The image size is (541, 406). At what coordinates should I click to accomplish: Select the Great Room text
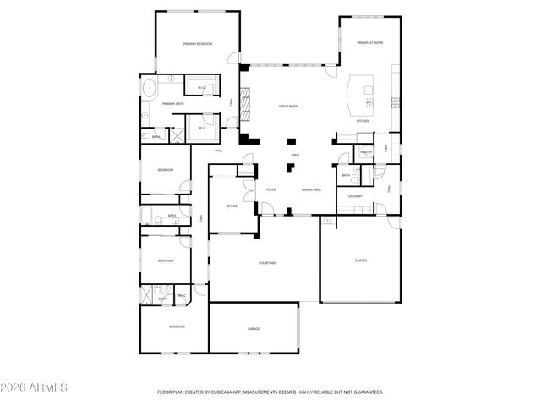[289, 107]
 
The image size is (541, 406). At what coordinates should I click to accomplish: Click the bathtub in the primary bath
[150, 88]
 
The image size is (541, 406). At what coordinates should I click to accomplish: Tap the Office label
[232, 206]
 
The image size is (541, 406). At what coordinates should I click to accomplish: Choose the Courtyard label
[266, 263]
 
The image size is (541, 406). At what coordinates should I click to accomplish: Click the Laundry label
[355, 197]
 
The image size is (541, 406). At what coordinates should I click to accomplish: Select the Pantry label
[365, 152]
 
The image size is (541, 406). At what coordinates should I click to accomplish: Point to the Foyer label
[271, 189]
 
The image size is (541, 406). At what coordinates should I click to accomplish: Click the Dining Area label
[310, 189]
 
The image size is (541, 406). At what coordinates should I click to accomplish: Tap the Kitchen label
[363, 122]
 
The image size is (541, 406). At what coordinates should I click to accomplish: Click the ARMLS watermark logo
[35, 387]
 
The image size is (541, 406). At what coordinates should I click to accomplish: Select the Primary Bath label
[172, 103]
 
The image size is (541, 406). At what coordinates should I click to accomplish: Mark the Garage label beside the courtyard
[360, 261]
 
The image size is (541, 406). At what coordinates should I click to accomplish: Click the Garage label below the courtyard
[253, 328]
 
